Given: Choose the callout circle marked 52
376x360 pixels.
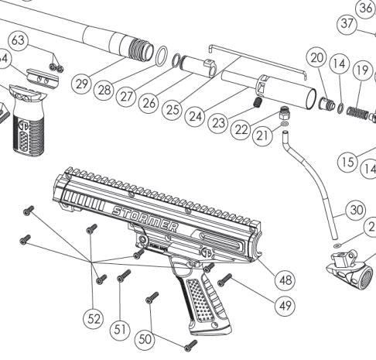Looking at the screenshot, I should [94, 317].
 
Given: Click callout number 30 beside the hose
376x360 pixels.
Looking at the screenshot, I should [354, 210].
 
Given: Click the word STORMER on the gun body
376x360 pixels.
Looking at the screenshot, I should [145, 218].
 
